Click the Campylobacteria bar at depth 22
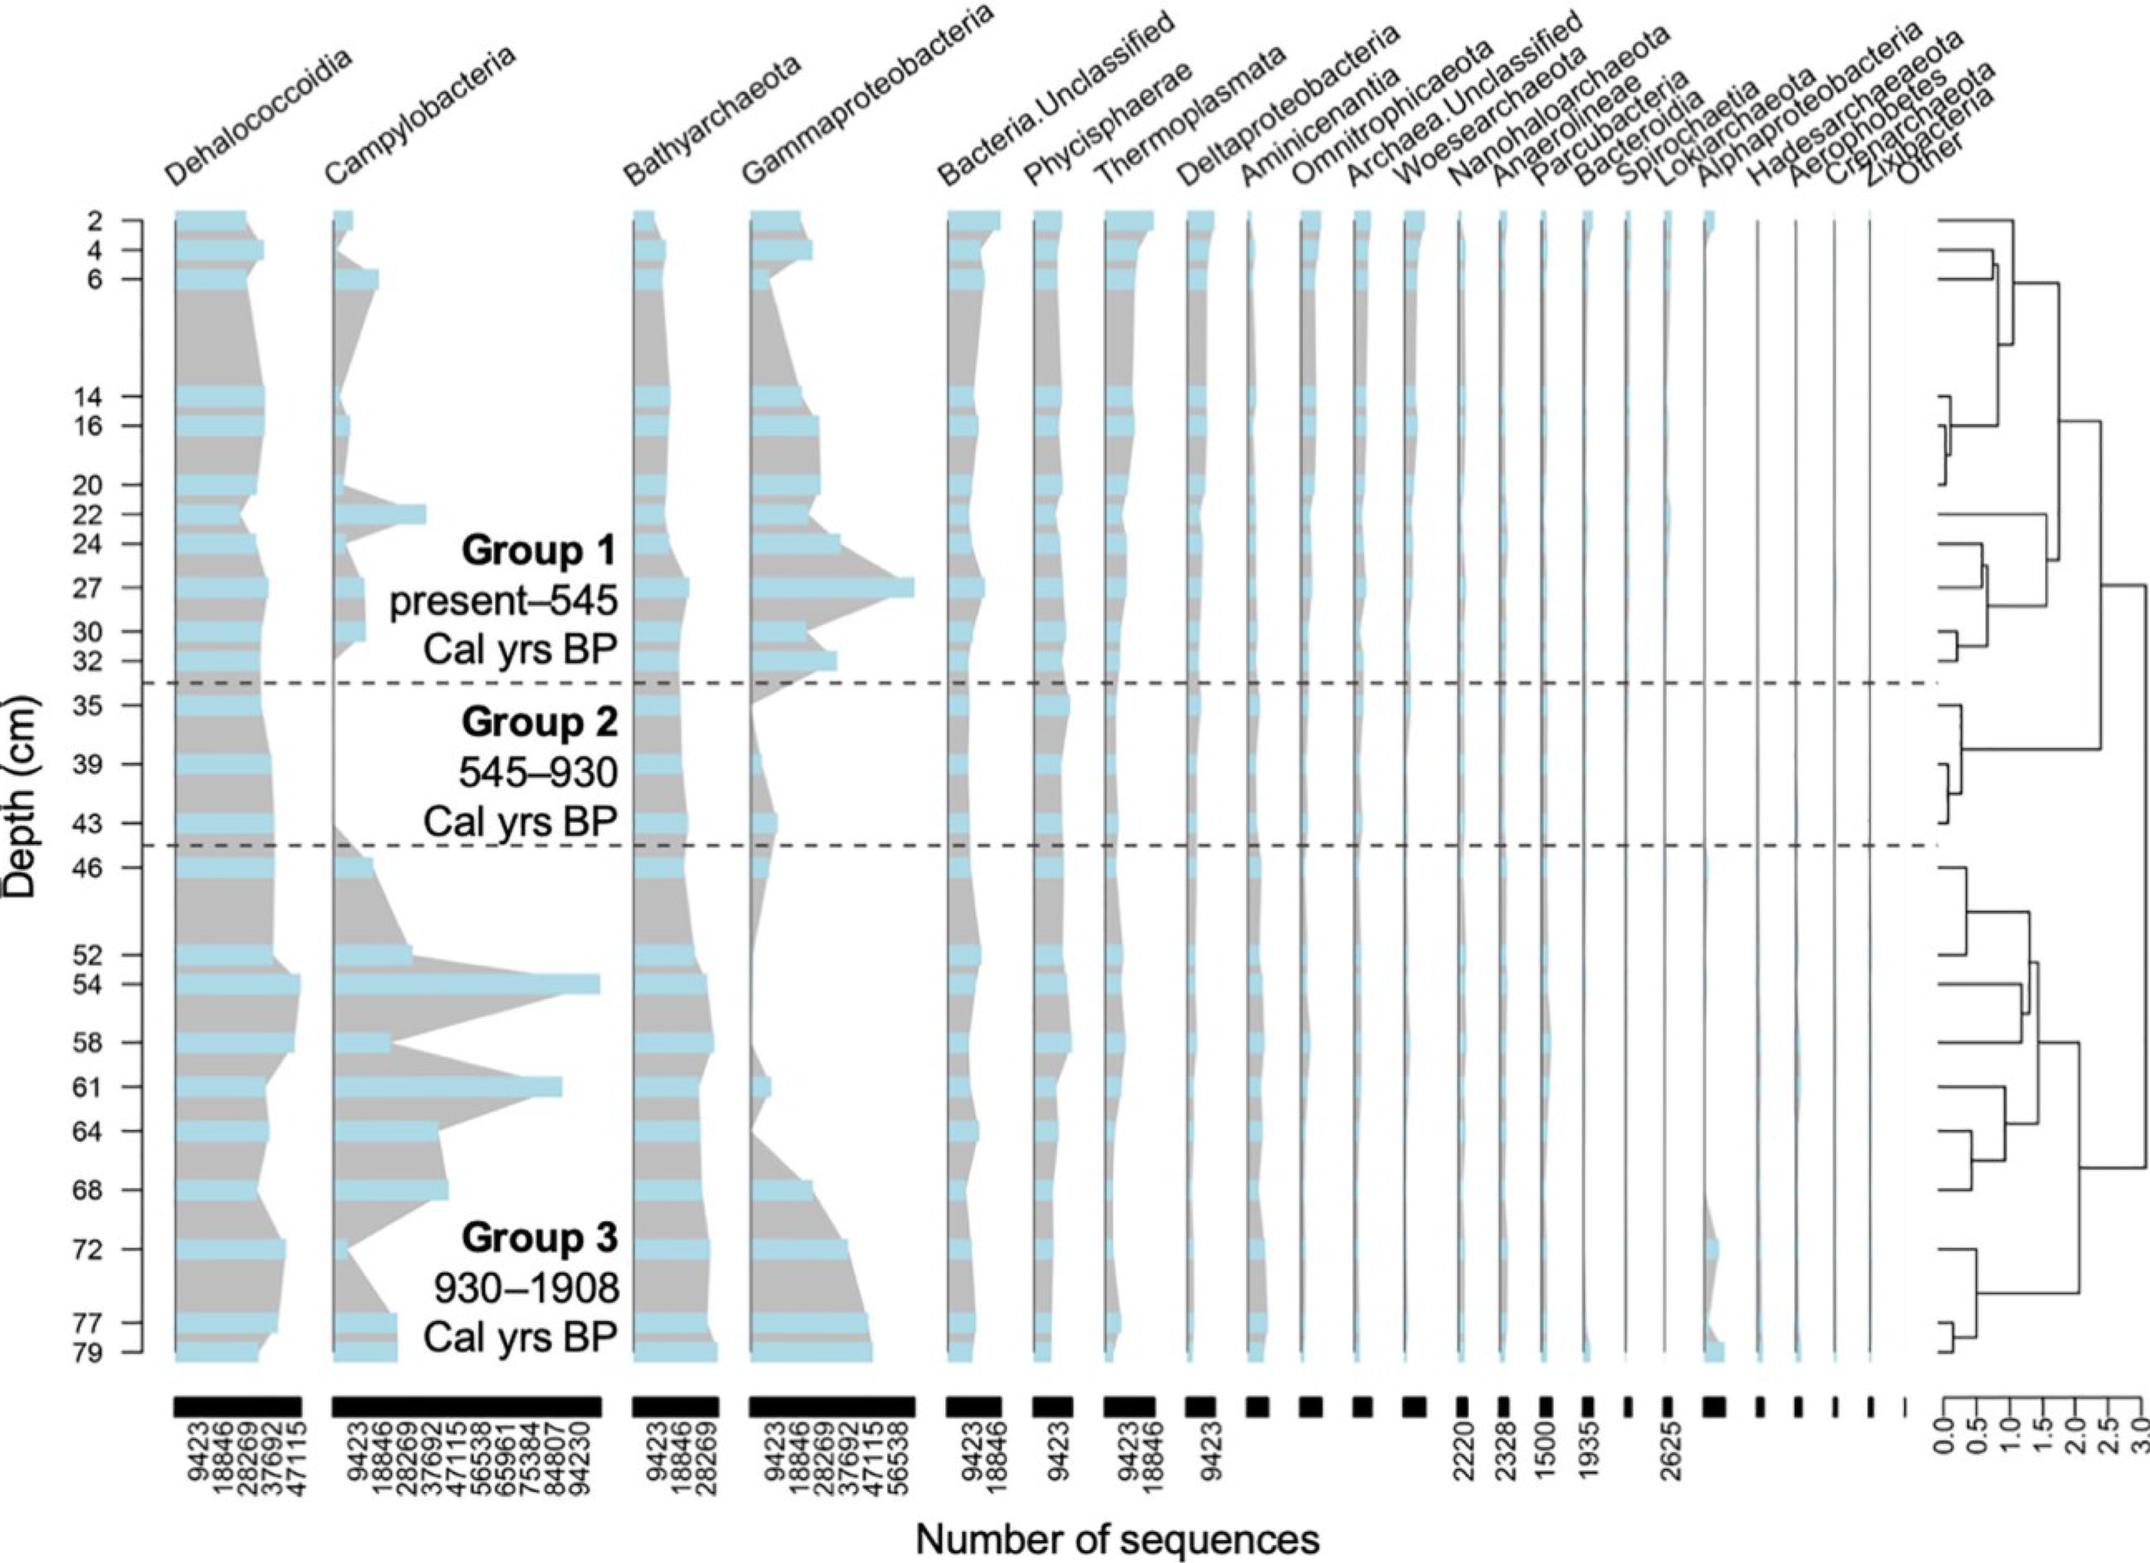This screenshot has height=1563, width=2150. pos(379,515)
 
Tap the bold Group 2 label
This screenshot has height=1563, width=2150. pos(539,722)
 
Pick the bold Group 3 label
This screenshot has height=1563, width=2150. pos(539,1237)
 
